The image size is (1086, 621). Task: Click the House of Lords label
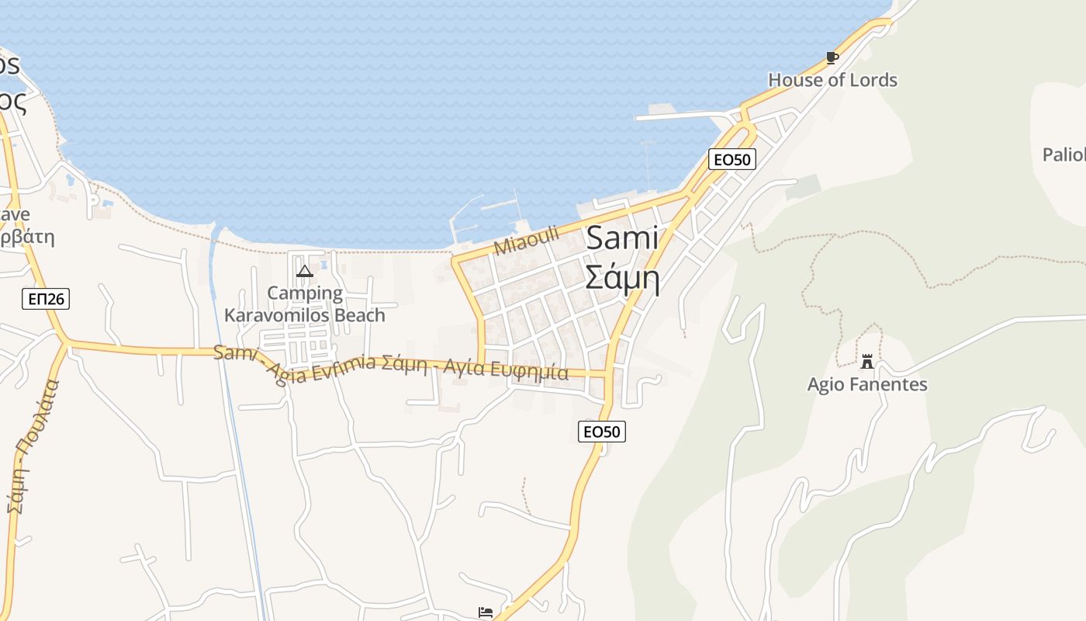click(832, 80)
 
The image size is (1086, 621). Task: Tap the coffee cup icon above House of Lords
click(832, 57)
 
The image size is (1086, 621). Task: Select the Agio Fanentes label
click(867, 384)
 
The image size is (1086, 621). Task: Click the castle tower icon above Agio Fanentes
click(867, 362)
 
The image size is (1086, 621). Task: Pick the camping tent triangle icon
click(305, 271)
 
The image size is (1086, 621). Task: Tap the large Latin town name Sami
click(622, 238)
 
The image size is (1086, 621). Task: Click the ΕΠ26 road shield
click(46, 298)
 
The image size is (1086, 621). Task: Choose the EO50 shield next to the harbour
click(732, 159)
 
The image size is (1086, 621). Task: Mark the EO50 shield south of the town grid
click(602, 432)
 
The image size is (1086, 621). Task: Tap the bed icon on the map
click(486, 612)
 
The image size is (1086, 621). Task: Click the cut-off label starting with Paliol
click(1064, 154)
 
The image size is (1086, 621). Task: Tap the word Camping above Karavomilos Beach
click(305, 293)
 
